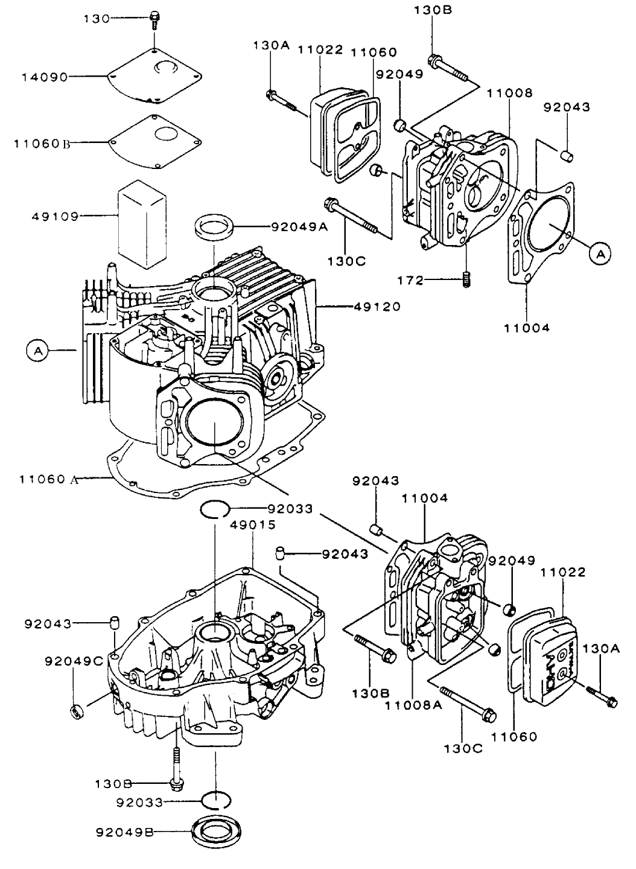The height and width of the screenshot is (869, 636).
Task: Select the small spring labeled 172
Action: pyautogui.click(x=466, y=279)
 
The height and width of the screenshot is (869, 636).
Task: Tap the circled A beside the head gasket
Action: pyautogui.click(x=600, y=255)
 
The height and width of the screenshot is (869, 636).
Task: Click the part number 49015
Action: pyautogui.click(x=253, y=524)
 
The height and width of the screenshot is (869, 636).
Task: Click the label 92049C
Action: pyautogui.click(x=74, y=661)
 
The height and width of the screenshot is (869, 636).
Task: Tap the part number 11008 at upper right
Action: pyautogui.click(x=509, y=93)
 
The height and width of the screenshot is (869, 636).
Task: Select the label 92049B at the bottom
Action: pyautogui.click(x=124, y=833)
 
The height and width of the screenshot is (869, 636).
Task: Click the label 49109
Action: pyautogui.click(x=55, y=215)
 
